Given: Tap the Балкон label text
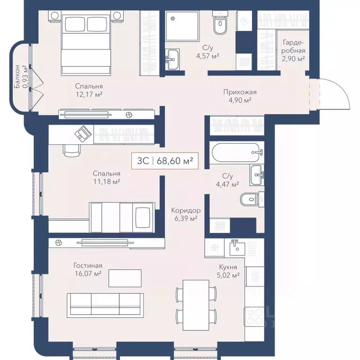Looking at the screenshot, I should [x=18, y=77].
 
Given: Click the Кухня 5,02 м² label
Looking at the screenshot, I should [x=229, y=271].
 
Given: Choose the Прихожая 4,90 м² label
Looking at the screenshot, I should [x=240, y=96].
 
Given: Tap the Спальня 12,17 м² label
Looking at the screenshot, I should [x=89, y=90].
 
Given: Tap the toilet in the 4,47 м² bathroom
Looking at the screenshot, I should [x=249, y=200].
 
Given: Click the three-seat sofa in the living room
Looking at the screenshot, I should [x=105, y=304].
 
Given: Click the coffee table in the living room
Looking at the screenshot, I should [x=125, y=278].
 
